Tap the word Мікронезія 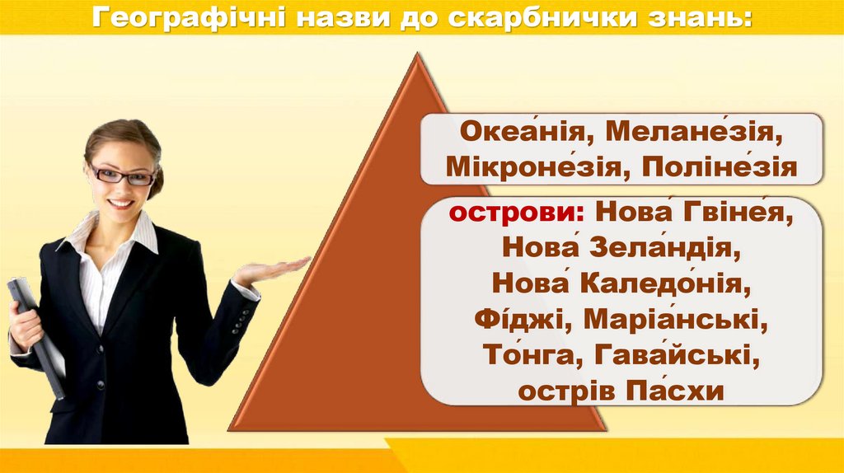(527, 168)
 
